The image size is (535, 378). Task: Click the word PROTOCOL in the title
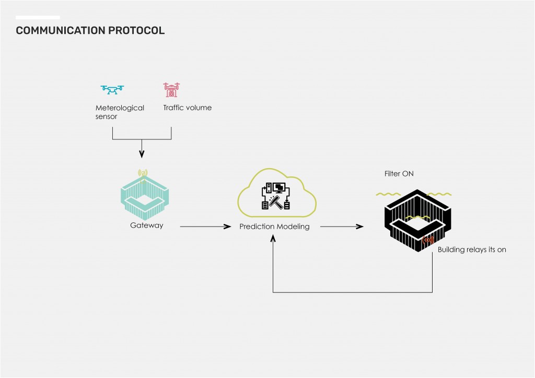pos(136,30)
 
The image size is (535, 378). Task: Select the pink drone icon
pos(171,90)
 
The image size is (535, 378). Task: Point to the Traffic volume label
pos(187,108)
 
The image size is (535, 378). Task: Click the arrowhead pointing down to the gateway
pos(142,154)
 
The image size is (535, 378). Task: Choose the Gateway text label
pos(147,226)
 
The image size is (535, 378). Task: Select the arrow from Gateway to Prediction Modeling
pos(205,227)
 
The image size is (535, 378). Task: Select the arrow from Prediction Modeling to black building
pos(341,227)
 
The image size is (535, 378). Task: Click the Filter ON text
pos(399,173)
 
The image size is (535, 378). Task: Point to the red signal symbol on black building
pos(428,241)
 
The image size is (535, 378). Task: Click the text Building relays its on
pos(471,250)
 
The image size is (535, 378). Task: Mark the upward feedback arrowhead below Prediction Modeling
pos(273,239)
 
